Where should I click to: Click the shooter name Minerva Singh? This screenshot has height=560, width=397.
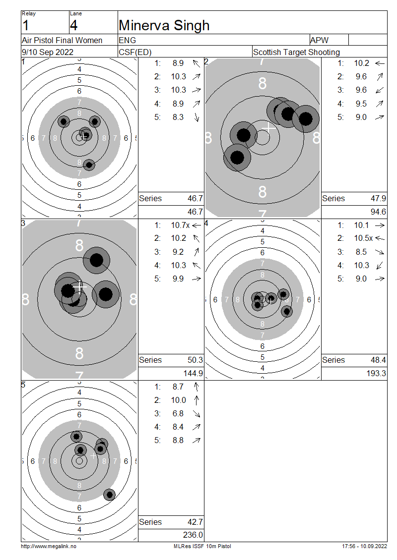pos(164,26)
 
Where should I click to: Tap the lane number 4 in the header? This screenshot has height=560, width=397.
pos(73,26)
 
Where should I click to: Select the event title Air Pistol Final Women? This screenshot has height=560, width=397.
pos(62,40)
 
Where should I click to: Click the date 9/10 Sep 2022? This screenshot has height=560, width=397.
pos(48,52)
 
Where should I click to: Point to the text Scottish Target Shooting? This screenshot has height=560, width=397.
pos(296,52)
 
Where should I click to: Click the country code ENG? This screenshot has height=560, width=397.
pos(128,40)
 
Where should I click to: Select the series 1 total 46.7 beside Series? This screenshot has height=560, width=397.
pos(195,199)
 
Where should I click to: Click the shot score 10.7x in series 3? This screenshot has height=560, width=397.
pos(180,225)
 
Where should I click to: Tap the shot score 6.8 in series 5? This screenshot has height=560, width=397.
pos(178,414)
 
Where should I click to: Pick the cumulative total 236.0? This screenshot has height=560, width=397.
pos(193,535)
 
